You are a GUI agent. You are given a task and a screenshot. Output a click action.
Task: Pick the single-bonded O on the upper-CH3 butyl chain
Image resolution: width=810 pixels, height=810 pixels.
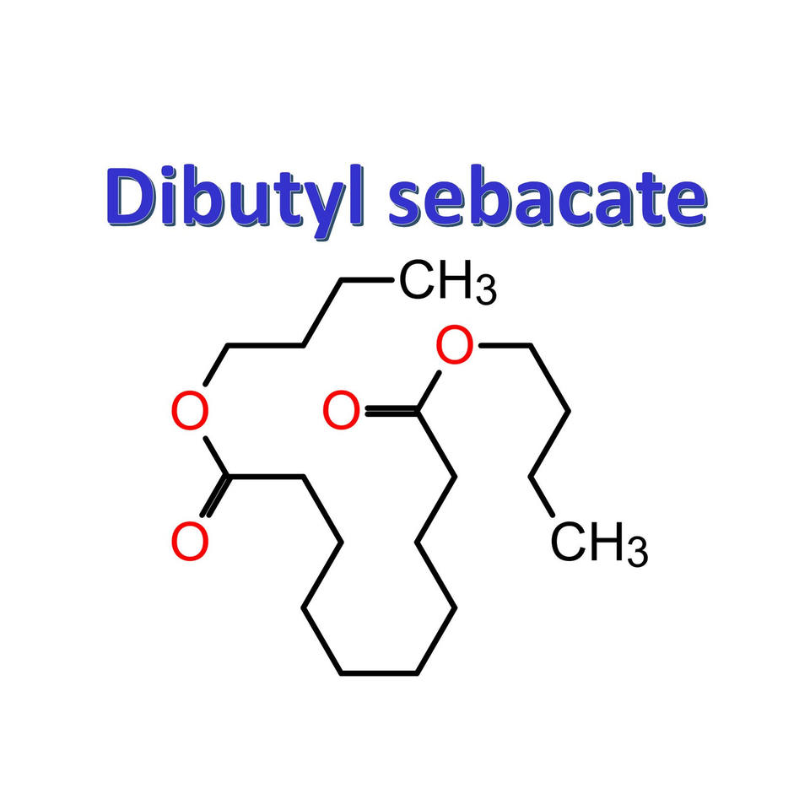pos(190,412)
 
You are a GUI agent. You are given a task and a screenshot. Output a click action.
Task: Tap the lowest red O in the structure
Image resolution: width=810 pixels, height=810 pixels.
pos(190,542)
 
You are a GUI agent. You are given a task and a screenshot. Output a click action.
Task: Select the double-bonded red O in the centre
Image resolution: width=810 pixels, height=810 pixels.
pos(341,412)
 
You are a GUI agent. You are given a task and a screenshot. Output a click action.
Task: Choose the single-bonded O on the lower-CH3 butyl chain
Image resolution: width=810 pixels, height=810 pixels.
pos(456,346)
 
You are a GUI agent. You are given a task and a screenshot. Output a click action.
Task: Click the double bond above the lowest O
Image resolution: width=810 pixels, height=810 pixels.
pos(214,498)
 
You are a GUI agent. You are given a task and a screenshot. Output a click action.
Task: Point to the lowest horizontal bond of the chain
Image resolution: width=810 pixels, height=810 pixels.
pos(379,672)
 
